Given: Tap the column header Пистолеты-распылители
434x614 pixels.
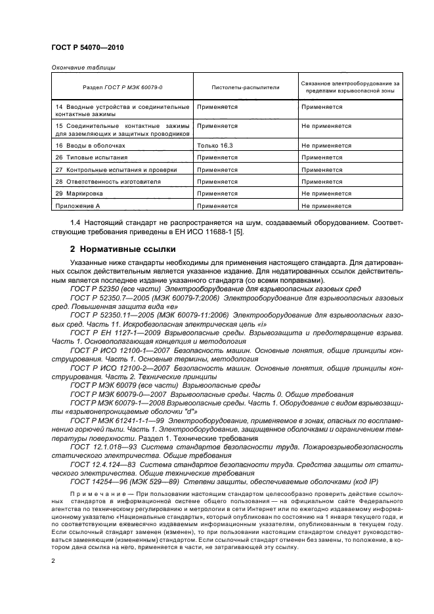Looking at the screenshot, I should [236, 87].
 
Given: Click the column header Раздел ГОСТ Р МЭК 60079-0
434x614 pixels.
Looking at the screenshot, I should [123, 87].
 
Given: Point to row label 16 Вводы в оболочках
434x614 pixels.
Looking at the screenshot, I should [90, 146].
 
